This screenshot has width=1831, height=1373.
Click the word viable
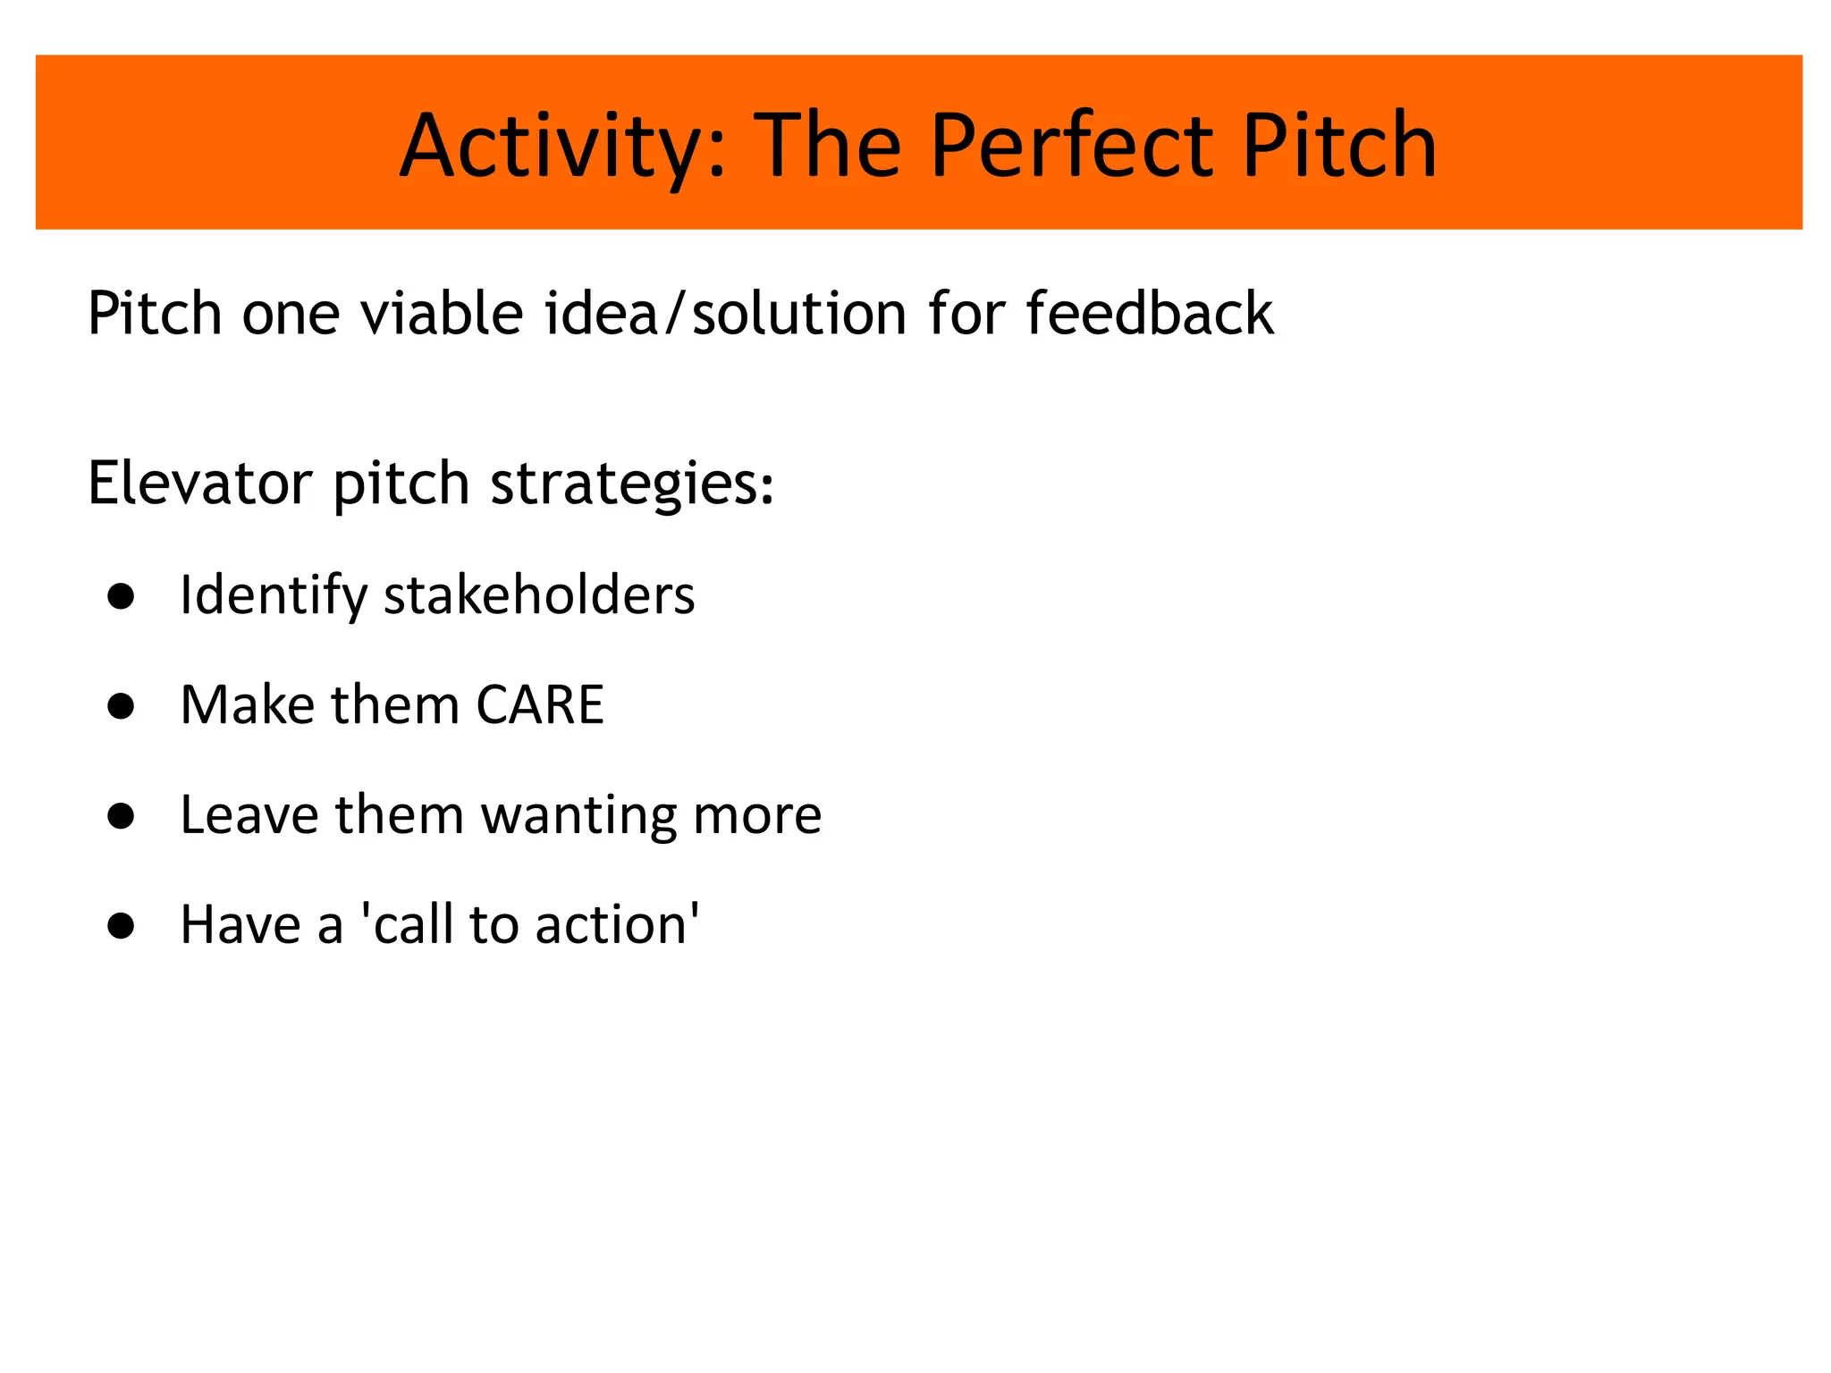(x=442, y=314)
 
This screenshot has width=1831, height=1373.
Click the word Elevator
(x=199, y=484)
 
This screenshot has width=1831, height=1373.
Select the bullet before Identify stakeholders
(x=121, y=596)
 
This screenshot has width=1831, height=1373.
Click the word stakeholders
(x=539, y=595)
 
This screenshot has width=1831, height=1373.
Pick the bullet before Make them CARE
(x=121, y=706)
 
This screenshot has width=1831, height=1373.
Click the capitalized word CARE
(x=540, y=705)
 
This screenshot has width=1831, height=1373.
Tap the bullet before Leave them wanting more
(x=121, y=816)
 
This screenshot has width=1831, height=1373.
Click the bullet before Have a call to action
(x=121, y=926)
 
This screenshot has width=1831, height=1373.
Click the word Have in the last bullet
(x=240, y=925)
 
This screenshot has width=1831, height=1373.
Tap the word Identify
(x=273, y=596)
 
